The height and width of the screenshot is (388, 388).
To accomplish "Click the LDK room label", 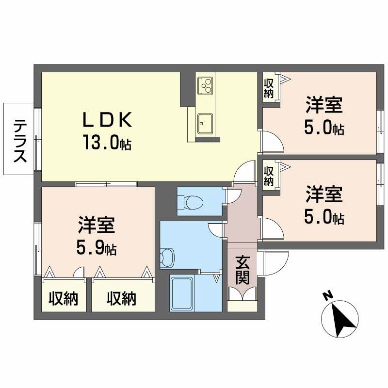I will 107,119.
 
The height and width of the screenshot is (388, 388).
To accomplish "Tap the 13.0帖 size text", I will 107,143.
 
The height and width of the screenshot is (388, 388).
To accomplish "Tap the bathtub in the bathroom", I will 182,293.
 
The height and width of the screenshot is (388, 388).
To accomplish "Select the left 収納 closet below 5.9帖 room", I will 64,299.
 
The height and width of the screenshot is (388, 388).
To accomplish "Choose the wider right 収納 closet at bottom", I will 121,299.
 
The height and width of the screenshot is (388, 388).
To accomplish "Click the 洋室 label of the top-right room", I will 324,105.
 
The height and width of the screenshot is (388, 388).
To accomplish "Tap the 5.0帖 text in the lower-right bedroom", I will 324,218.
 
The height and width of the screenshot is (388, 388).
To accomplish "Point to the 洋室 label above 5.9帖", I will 96,226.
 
